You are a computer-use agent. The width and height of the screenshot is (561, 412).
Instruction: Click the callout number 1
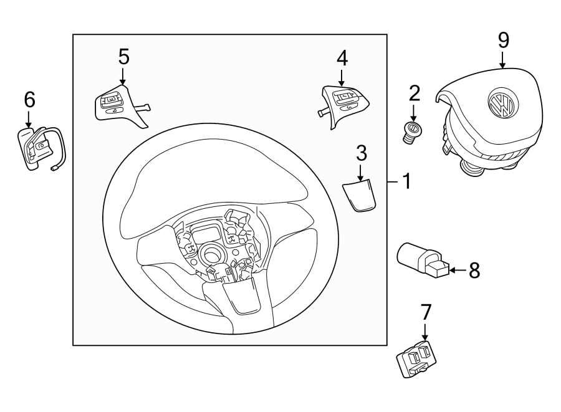[x=406, y=182]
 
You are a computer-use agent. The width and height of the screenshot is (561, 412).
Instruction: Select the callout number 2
[x=415, y=94]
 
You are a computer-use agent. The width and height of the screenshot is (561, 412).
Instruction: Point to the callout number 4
[x=342, y=58]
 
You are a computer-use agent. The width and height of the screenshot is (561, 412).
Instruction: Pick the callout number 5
[x=123, y=56]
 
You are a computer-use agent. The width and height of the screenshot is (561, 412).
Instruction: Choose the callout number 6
[x=29, y=99]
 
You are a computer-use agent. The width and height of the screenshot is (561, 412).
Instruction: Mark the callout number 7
[x=426, y=310]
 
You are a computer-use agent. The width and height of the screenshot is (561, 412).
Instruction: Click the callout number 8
[x=474, y=270]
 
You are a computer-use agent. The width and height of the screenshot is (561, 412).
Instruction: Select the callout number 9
[x=504, y=40]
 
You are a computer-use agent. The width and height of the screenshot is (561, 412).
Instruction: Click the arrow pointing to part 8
[x=457, y=270]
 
